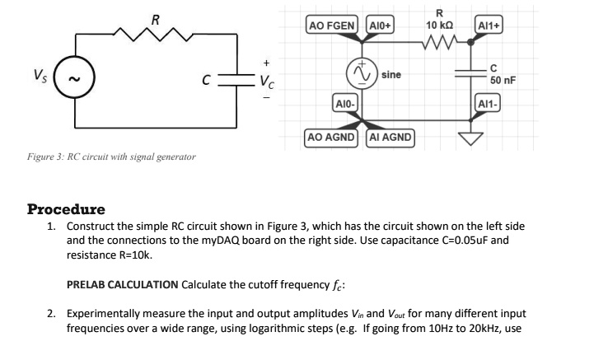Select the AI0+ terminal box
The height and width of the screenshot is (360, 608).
pos(381,26)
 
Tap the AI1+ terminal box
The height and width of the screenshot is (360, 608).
pos(490,26)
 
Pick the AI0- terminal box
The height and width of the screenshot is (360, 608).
pos(343,103)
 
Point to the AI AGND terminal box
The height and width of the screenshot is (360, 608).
pos(388,138)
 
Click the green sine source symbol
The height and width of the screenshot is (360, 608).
pos(360,73)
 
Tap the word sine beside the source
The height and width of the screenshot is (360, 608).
pos(391,74)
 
